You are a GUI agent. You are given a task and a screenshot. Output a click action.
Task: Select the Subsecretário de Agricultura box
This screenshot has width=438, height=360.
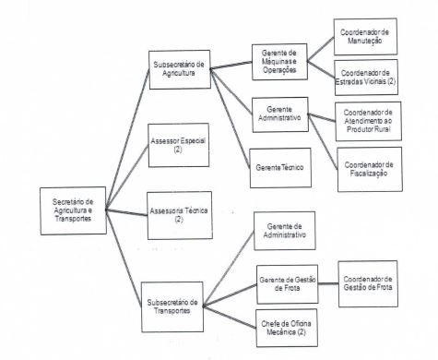point(181,71)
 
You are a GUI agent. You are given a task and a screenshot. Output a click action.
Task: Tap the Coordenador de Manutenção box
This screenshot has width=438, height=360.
point(365,37)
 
